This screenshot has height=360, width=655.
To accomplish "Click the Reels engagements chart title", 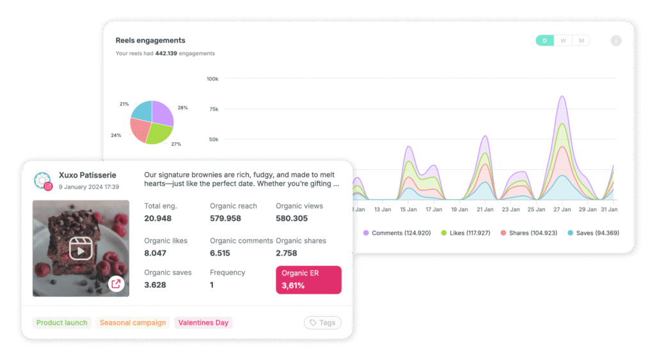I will click(150, 40).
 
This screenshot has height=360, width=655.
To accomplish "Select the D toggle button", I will click(544, 41).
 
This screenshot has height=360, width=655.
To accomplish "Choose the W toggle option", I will click(563, 41).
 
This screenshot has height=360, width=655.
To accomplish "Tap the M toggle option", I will click(581, 41).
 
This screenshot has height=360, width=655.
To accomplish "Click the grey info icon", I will click(616, 41).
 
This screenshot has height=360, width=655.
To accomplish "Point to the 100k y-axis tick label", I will click(212, 79).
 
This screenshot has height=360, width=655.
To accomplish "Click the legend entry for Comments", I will click(392, 233).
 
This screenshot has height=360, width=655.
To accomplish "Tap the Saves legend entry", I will click(592, 233).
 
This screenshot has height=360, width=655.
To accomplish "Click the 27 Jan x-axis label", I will click(562, 210).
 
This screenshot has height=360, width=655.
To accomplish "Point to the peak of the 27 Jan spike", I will click(562, 97).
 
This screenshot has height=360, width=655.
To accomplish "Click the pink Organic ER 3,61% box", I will click(308, 279).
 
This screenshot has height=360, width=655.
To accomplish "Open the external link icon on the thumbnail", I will click(116, 284).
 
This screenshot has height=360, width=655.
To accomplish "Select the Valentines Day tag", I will click(203, 323).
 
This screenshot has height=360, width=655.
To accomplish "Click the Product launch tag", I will click(62, 323).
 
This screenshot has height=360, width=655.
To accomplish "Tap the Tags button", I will click(322, 323).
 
